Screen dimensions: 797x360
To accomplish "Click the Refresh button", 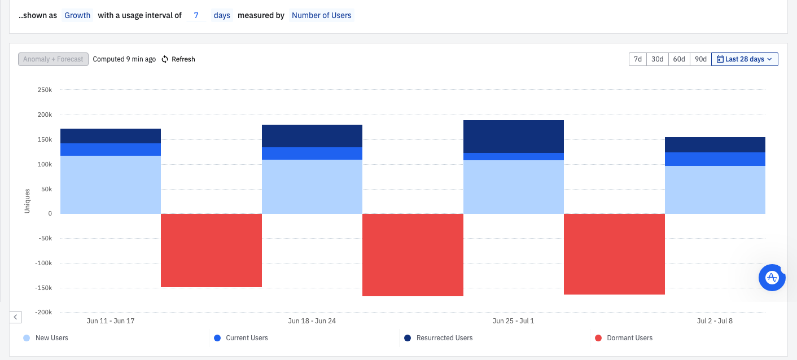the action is [x=178, y=59].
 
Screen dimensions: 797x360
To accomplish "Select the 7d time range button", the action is [x=638, y=59].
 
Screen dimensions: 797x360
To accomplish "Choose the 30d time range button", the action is [x=657, y=59].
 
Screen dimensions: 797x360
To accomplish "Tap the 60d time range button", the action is [x=679, y=59].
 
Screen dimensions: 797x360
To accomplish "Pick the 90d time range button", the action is [x=700, y=59].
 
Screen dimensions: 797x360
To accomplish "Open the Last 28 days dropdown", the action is [x=745, y=59].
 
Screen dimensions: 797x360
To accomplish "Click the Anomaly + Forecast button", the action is [x=54, y=59].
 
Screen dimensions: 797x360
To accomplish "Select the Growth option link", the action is [x=77, y=15].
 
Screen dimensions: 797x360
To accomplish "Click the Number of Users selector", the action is [x=321, y=15].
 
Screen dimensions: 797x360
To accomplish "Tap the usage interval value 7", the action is [x=196, y=15].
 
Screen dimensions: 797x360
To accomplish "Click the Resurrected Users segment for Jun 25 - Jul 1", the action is [x=514, y=137].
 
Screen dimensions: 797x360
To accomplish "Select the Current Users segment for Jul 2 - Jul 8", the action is [x=715, y=159].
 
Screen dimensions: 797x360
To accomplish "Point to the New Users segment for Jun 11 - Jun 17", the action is [x=111, y=185].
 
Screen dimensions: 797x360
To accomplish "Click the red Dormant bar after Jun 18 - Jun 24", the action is [x=413, y=254].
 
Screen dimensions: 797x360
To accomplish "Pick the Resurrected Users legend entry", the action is [x=439, y=338].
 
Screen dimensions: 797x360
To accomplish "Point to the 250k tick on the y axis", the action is [x=45, y=90].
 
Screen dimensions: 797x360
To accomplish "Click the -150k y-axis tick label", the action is [x=43, y=288].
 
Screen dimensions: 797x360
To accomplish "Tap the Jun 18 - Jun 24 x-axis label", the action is [x=312, y=321].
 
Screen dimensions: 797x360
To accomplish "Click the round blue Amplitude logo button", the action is [x=772, y=278].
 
